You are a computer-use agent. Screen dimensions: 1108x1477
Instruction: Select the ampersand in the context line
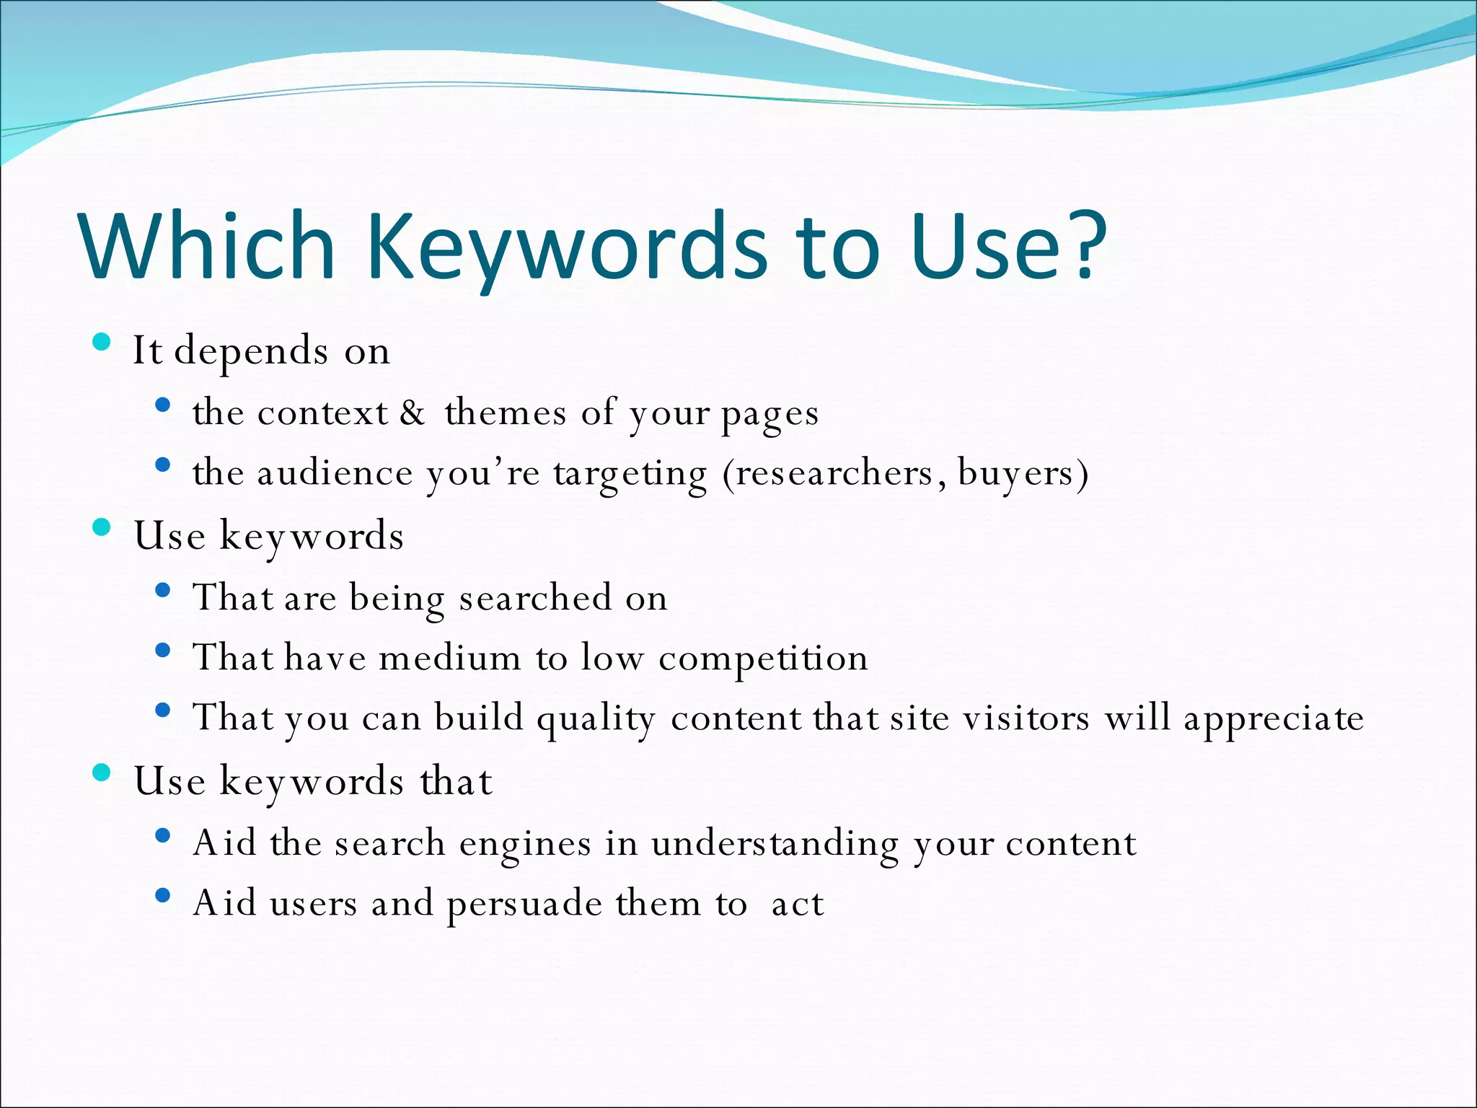pyautogui.click(x=413, y=413)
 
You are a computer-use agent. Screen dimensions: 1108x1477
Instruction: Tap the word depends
pyautogui.click(x=252, y=352)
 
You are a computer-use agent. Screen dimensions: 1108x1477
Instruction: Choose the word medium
pyautogui.click(x=450, y=658)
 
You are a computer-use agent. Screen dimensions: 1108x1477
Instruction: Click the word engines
pyautogui.click(x=525, y=844)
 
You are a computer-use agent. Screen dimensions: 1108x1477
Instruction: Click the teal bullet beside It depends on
pyautogui.click(x=102, y=342)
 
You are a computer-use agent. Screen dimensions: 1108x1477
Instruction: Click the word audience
pyautogui.click(x=335, y=473)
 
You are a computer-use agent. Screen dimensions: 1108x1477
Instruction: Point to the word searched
pyautogui.click(x=535, y=597)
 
